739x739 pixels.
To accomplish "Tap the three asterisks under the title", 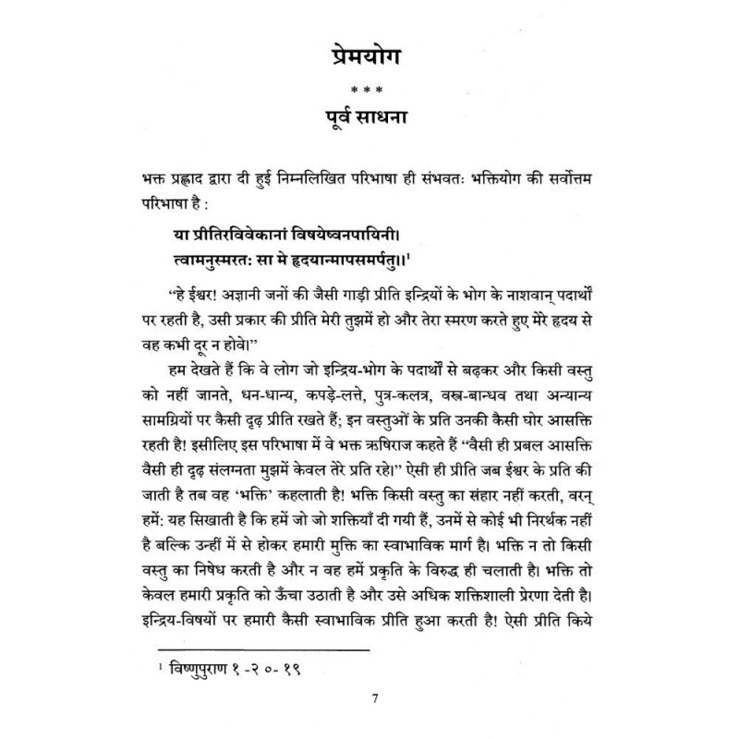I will (x=369, y=89).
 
